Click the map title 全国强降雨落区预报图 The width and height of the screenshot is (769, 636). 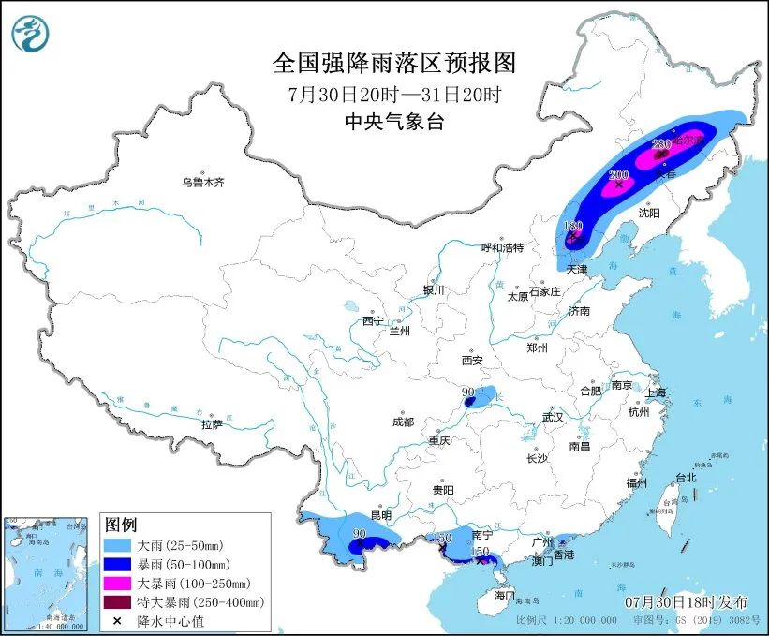(393, 63)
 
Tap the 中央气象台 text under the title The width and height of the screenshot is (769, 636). (393, 121)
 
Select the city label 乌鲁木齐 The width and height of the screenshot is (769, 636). (203, 182)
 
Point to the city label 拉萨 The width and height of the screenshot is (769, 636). (212, 424)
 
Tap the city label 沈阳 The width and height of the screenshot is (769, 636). (648, 214)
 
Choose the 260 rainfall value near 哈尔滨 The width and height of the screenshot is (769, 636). (660, 143)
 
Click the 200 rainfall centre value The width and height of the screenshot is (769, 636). (619, 175)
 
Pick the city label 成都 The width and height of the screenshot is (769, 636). (405, 422)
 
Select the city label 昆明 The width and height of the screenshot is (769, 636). (380, 515)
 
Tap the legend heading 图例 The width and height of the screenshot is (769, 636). (121, 524)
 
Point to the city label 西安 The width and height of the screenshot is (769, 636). (471, 361)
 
